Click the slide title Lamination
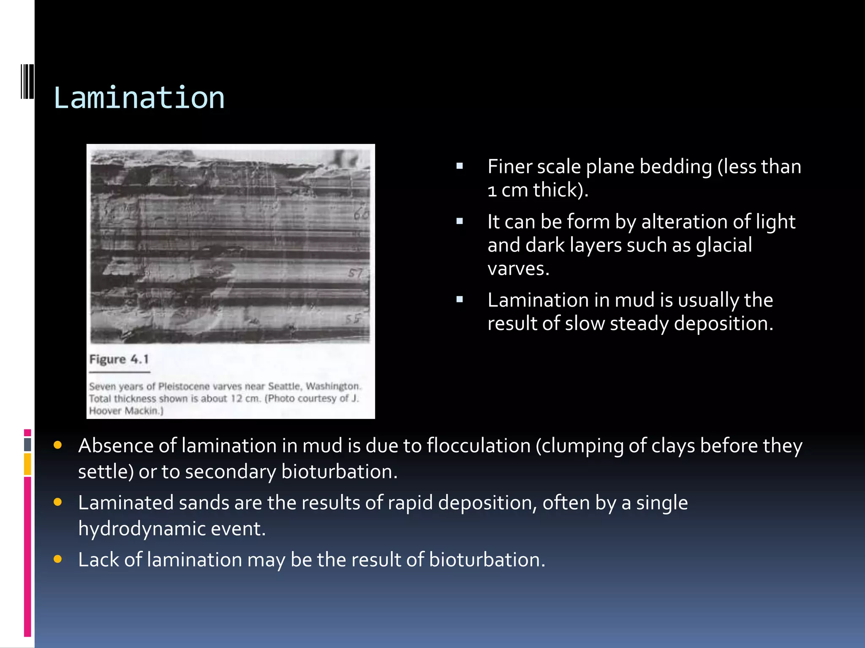coord(139,98)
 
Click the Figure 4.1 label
coord(119,359)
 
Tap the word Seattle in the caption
coord(285,386)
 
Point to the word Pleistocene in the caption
coord(184,386)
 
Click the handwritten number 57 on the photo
coord(356,273)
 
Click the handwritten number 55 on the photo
coord(353,319)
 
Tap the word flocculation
coord(479,445)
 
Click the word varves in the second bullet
coord(518,268)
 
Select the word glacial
coord(724,245)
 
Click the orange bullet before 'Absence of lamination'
coord(58,445)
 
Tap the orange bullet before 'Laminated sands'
coord(58,502)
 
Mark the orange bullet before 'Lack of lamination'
coord(58,559)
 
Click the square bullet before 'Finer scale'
coord(460,166)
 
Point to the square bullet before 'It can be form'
coord(460,221)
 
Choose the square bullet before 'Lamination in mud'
coord(460,300)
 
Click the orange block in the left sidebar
coord(27,464)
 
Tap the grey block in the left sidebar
coord(27,444)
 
